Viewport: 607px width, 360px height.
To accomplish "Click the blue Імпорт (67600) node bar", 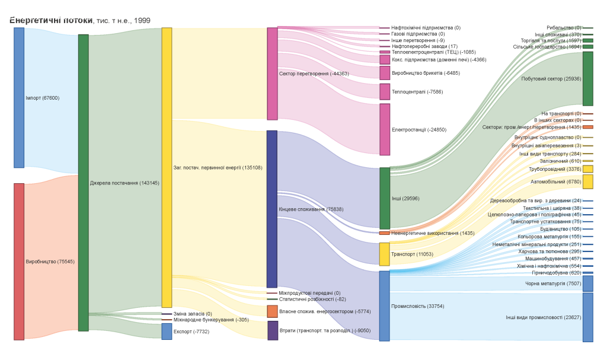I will coord(19,98).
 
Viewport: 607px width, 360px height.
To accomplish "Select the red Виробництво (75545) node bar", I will coord(19,262).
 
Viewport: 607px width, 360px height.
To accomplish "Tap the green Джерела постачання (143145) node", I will coord(83,183).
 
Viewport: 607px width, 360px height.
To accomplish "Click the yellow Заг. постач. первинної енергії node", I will coord(167,167).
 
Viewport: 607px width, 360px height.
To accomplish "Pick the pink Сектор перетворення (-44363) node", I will coord(272,74).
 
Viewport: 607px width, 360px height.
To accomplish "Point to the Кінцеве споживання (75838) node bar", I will coord(272,209).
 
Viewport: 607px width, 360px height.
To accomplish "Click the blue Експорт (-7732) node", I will coord(167,332).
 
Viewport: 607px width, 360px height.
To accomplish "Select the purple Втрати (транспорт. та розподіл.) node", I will coord(273,330).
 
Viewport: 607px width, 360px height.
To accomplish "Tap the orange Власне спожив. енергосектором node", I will coord(272,311).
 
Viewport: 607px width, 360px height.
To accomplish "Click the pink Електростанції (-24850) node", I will coord(385,129).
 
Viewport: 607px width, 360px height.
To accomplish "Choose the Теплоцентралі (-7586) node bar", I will coord(385,91).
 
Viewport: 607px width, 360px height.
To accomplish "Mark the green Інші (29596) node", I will coord(385,198).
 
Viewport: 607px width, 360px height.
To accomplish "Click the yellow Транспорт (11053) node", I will coord(385,254).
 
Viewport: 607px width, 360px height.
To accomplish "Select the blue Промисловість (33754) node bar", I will coord(385,306).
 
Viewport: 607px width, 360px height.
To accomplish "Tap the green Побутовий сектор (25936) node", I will coord(587,78).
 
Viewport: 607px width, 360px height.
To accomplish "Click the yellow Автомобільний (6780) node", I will coord(587,181).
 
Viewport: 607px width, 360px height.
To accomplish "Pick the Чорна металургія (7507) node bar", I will coord(587,283).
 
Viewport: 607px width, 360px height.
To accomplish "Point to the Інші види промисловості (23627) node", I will coord(587,317).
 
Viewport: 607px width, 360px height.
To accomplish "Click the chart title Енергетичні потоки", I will coord(51,20).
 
